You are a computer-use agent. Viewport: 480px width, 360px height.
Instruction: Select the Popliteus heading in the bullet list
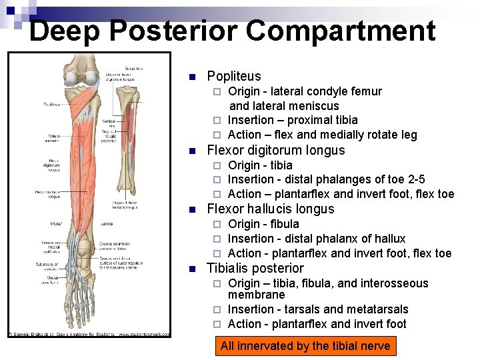pyautogui.click(x=234, y=76)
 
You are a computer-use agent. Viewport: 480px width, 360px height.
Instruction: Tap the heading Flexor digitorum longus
pyautogui.click(x=276, y=150)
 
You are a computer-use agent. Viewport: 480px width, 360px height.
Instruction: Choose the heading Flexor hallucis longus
pyautogui.click(x=271, y=209)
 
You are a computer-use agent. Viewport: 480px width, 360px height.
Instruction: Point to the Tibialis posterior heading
pyautogui.click(x=255, y=268)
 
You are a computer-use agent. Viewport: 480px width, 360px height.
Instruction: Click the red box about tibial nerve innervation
pyautogui.click(x=305, y=346)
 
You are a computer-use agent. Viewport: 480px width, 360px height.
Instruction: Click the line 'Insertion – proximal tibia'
pyautogui.click(x=293, y=120)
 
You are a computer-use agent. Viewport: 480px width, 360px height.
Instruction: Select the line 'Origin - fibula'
pyautogui.click(x=263, y=224)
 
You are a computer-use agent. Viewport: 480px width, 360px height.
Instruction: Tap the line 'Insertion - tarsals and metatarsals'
pyautogui.click(x=318, y=309)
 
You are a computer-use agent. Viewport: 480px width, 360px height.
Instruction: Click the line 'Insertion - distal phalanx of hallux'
pyautogui.click(x=317, y=239)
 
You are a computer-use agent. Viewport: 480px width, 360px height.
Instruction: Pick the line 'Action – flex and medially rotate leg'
pyautogui.click(x=322, y=135)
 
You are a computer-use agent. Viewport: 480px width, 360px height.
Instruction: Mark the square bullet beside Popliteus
pyautogui.click(x=191, y=76)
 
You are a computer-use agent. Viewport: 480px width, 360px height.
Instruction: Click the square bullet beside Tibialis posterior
pyautogui.click(x=191, y=269)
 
